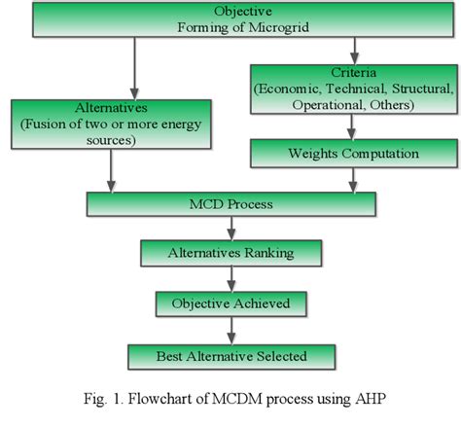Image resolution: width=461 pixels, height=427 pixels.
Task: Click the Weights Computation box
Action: pos(351,152)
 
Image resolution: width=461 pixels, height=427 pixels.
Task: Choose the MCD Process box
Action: pos(230,205)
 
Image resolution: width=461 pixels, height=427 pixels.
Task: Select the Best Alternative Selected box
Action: pos(230,356)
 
